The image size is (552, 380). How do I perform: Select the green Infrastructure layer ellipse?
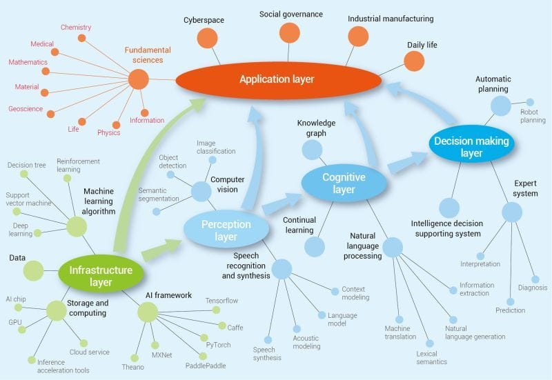click(x=100, y=270)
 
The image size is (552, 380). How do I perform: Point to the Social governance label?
click(x=291, y=14)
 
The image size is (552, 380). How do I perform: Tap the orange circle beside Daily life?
click(x=413, y=61)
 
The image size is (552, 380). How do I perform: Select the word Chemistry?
click(x=76, y=28)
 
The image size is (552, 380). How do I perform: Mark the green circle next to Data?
click(x=33, y=270)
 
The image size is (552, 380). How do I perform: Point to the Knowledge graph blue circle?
click(x=312, y=150)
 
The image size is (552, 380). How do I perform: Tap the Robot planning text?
click(x=533, y=115)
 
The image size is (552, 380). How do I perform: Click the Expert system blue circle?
click(x=512, y=212)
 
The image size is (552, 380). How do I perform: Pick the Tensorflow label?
click(x=222, y=301)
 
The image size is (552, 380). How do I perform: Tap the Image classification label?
click(x=216, y=147)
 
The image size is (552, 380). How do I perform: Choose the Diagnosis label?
click(x=532, y=288)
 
